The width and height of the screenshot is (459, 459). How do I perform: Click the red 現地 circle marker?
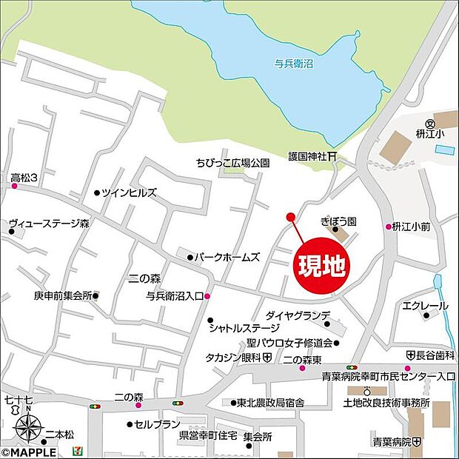tap(323, 266)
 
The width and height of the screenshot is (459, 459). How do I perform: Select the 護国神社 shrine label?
tap(309, 157)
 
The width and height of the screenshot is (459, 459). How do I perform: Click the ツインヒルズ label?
tap(129, 192)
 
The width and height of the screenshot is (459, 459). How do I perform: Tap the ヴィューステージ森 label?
tap(49, 222)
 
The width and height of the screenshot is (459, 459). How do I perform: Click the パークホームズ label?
tap(227, 258)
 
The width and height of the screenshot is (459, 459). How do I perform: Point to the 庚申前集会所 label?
tap(62, 295)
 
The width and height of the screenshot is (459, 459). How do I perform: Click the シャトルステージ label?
tap(244, 327)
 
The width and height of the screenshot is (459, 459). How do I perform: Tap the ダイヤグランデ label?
tap(292, 315)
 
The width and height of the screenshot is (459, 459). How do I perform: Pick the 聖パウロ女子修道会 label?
tap(289, 343)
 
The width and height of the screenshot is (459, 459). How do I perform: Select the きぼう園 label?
tap(339, 221)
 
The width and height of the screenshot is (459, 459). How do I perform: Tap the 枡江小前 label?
tap(412, 227)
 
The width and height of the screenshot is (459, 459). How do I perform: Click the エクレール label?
tap(425, 306)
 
